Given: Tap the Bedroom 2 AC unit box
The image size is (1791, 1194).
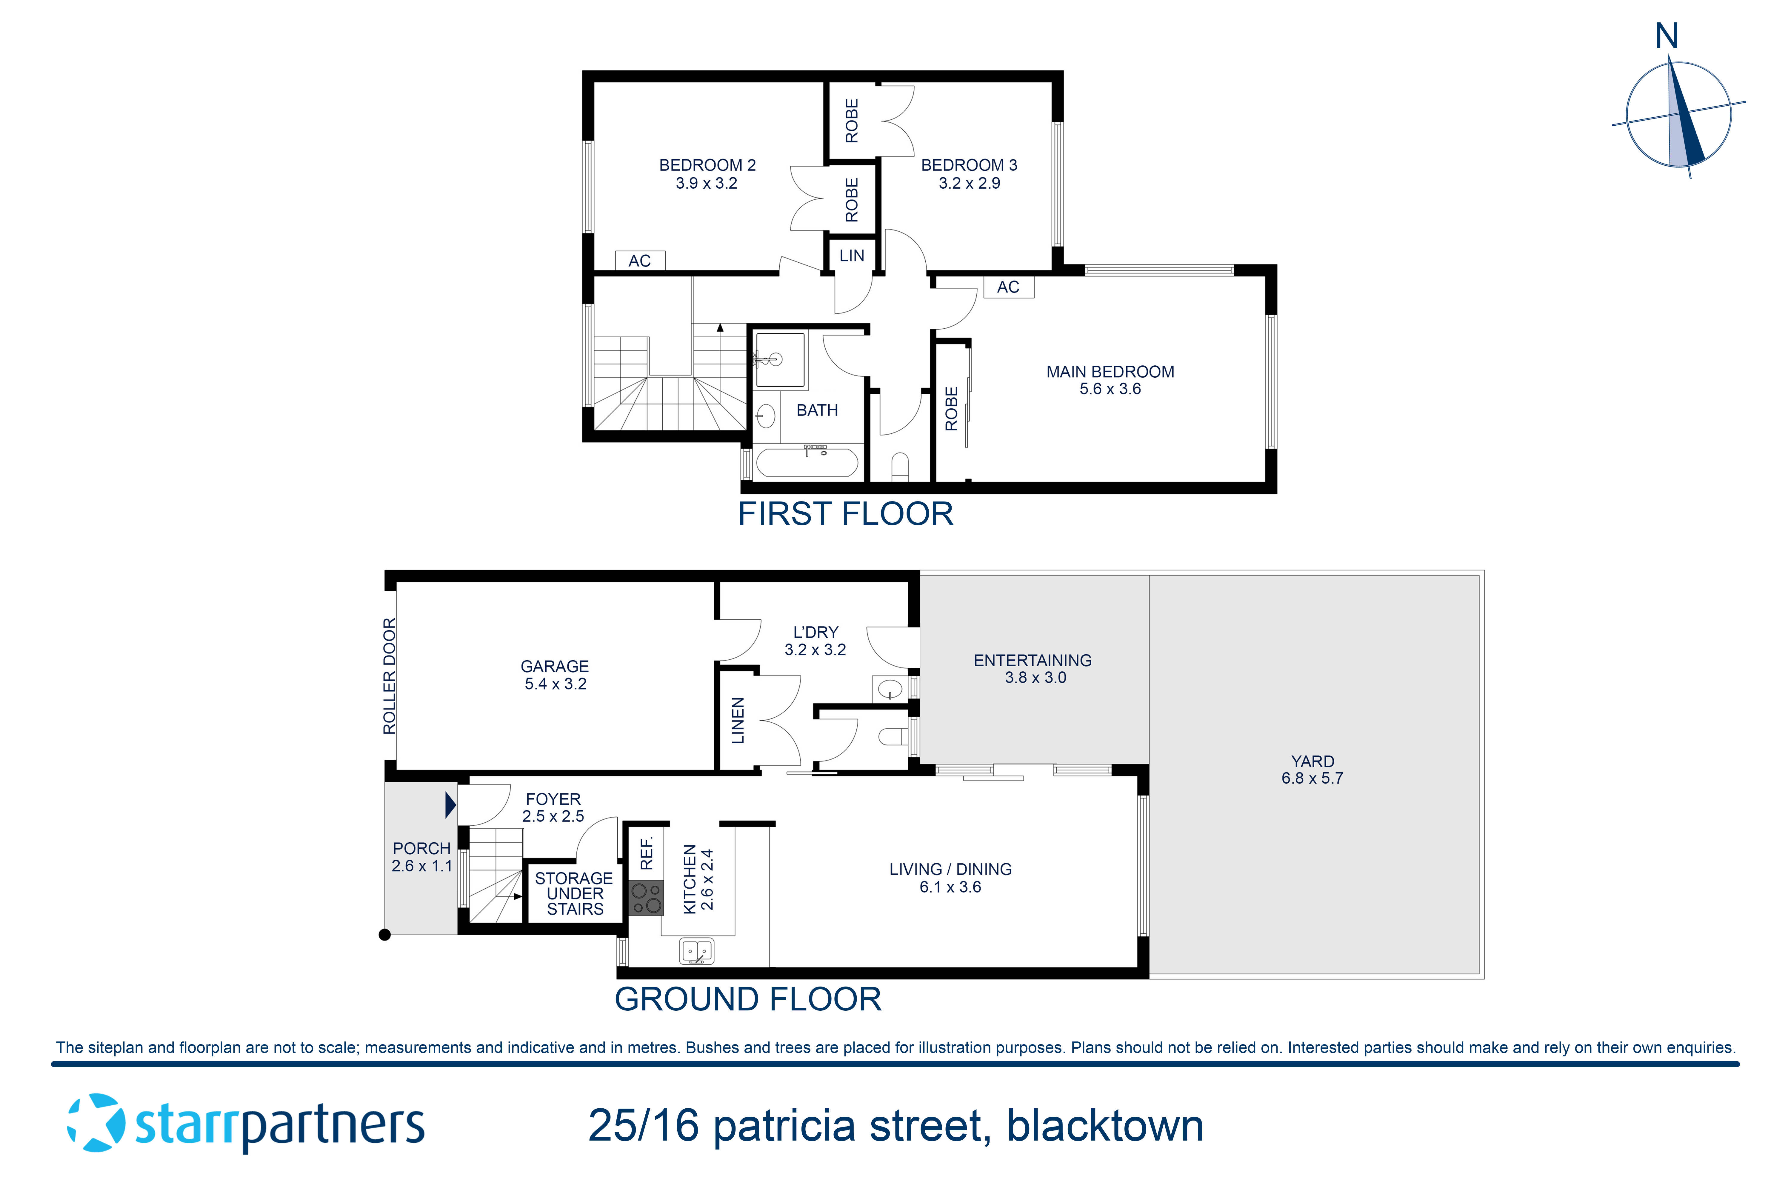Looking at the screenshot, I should (x=640, y=260).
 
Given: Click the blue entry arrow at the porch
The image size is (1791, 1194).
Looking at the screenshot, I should (x=450, y=805).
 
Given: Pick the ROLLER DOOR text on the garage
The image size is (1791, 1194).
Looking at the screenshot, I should (x=389, y=676).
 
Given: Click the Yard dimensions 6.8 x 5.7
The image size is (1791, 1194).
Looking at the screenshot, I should (x=1312, y=778).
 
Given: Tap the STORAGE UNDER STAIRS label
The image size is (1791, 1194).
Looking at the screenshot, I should (x=574, y=893).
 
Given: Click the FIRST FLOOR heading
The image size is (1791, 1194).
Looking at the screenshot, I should (x=845, y=514).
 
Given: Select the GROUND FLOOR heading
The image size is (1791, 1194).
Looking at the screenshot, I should (x=748, y=999).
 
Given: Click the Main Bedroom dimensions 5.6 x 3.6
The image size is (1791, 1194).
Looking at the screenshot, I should (x=1110, y=389).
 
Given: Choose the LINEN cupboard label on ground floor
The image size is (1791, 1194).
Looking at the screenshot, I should (x=737, y=720).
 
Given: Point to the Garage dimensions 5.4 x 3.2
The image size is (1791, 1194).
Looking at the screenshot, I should (x=555, y=684).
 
